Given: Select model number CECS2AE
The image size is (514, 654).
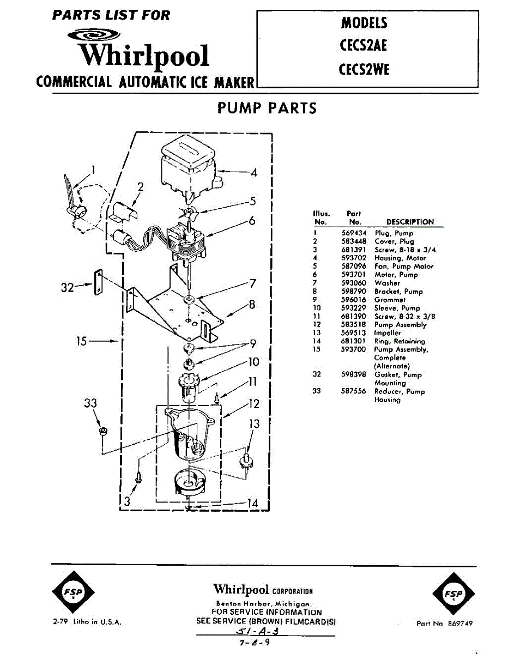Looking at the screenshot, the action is [x=364, y=45].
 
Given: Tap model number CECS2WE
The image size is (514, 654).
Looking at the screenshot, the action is [x=365, y=69].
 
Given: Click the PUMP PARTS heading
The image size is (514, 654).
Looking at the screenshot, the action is [x=267, y=108].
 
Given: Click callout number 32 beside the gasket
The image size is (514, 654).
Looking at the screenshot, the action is [x=67, y=287].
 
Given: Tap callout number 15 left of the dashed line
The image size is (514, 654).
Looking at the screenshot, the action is [x=81, y=342].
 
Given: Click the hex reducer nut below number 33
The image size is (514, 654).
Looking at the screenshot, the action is [x=102, y=432].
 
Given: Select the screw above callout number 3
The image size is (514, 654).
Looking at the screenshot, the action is [x=140, y=478].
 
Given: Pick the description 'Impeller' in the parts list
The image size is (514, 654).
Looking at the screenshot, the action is [x=388, y=333].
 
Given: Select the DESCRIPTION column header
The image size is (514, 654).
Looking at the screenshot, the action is [x=410, y=222].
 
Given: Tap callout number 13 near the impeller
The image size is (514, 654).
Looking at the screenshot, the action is [x=254, y=424].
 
